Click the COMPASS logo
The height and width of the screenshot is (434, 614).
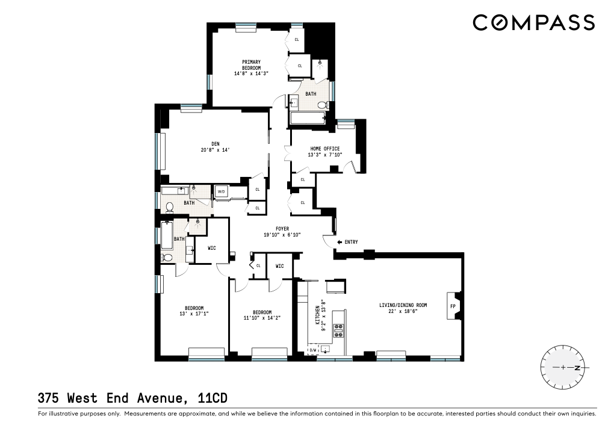coord(533,23)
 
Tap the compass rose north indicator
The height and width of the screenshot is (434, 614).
coord(577,367)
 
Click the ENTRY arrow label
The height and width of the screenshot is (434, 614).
coord(347,242)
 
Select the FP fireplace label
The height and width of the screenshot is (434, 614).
coord(453,306)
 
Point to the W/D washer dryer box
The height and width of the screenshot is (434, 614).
coord(221,192)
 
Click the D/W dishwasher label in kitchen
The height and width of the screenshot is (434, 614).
coord(312,350)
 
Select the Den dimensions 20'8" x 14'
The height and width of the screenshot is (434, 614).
coord(215,150)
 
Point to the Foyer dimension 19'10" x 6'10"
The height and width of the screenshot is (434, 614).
coord(282,235)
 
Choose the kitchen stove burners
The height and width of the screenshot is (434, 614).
coord(338,328)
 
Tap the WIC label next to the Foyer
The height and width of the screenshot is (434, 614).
coord(279,265)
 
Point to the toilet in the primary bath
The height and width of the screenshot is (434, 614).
coord(322,105)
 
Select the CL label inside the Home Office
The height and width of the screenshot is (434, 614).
coord(302,179)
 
